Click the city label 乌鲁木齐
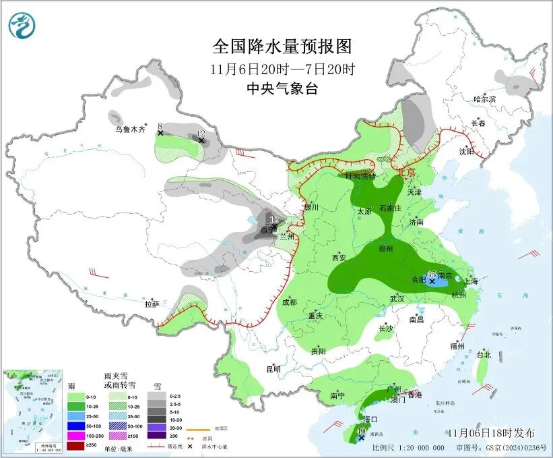[x=129, y=129]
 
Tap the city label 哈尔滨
[x=484, y=99]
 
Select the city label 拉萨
[x=152, y=304]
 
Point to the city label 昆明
[x=273, y=368]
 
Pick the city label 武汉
[x=397, y=298]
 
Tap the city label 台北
[x=484, y=354]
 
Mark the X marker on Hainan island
[x=362, y=438]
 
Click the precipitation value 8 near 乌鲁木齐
[x=160, y=125]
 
